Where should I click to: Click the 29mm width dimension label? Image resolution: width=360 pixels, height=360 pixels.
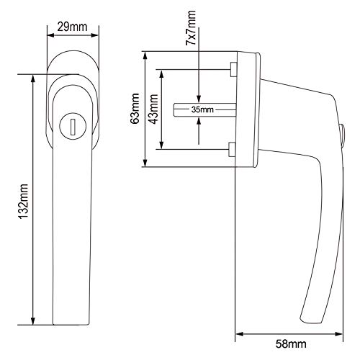tap(72, 27)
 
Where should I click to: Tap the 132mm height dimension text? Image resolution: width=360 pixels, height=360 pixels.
tap(24, 202)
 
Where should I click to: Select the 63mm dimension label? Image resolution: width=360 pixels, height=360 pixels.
tap(135, 109)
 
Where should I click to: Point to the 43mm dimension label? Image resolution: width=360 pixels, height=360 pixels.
tap(153, 109)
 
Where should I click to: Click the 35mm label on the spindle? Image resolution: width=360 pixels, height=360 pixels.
tap(202, 109)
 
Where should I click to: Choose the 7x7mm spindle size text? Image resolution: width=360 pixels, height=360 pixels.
tap(192, 28)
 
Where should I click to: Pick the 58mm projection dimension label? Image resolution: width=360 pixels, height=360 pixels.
tap(291, 344)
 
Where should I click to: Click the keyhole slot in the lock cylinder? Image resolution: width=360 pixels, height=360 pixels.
tap(73, 127)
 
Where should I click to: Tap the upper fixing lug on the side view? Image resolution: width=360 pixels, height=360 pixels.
tap(233, 69)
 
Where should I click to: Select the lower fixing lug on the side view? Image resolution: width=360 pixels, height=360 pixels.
tap(232, 149)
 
